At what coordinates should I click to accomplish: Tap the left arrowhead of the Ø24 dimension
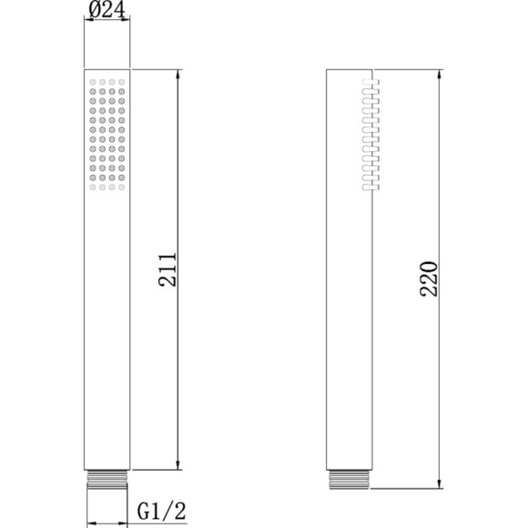87,24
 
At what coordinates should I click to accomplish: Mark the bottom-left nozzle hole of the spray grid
93,188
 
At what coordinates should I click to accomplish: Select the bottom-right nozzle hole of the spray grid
121,188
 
